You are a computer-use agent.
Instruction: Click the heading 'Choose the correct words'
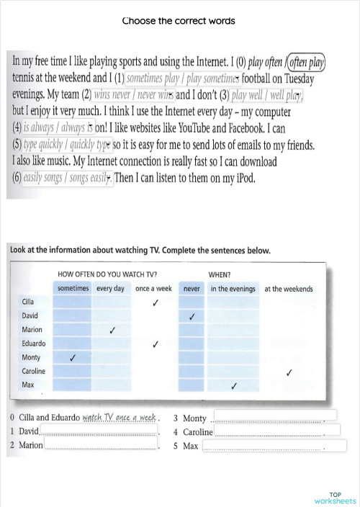pos(179,21)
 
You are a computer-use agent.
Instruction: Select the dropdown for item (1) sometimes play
pos(182,78)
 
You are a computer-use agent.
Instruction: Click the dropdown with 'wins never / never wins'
pos(134,94)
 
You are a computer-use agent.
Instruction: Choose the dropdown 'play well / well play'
pos(267,94)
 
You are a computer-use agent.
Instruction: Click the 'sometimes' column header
pos(73,289)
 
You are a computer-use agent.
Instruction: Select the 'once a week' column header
pos(153,289)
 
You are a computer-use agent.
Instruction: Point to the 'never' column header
pos(192,289)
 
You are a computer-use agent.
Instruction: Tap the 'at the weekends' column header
pos(288,289)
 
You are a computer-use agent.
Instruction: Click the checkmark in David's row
pos(192,316)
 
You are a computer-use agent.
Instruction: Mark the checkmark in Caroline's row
pos(289,372)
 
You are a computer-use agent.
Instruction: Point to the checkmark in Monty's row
pos(72,358)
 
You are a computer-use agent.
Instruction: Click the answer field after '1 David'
pos(99,431)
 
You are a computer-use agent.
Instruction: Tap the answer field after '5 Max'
pos(264,446)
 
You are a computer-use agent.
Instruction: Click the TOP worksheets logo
pos(335,497)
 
